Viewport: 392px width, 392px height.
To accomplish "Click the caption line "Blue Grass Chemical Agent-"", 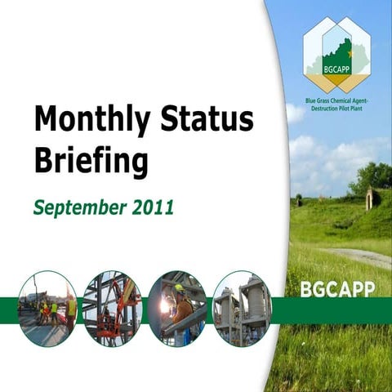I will pyautogui.click(x=333, y=100).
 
